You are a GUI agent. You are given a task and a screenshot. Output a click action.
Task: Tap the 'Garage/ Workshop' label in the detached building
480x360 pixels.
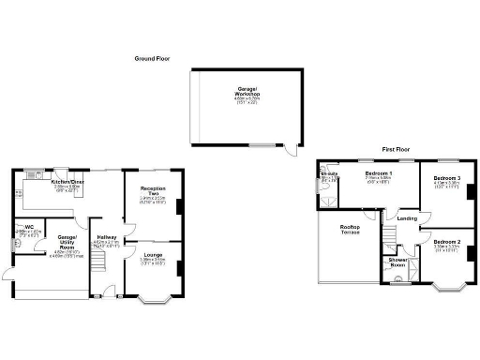pyautogui.click(x=247, y=94)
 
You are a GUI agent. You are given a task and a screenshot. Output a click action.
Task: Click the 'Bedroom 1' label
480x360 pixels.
pyautogui.click(x=378, y=173)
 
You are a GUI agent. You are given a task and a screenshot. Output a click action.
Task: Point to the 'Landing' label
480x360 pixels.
pyautogui.click(x=407, y=218)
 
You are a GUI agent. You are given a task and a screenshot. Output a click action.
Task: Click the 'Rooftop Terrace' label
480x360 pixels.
pyautogui.click(x=350, y=230)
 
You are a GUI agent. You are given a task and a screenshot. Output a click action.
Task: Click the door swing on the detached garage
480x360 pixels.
pyautogui.click(x=293, y=151)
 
